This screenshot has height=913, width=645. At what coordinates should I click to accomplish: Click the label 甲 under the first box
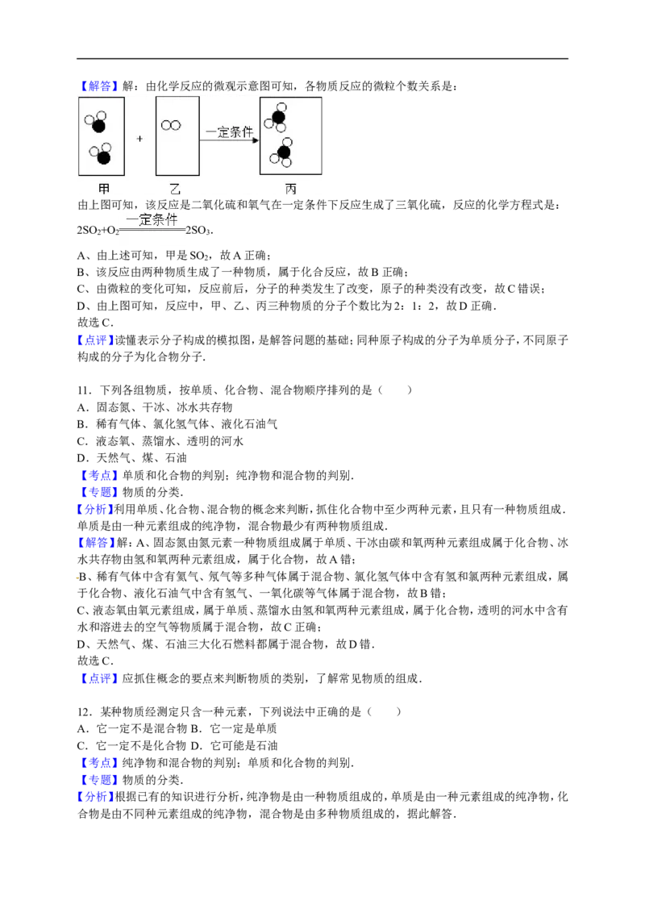pos(102,188)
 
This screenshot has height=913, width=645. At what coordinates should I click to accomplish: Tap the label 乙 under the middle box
pos(175,188)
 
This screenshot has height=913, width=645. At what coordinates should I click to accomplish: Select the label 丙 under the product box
pos(290,188)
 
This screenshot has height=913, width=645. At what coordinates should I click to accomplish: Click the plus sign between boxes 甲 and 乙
pos(139,139)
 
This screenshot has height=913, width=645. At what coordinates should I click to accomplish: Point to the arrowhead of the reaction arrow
pos(256,140)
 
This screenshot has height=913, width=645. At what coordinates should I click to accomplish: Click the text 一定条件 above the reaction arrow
pos(230,131)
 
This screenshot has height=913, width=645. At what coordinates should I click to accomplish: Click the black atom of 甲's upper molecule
pos(98,126)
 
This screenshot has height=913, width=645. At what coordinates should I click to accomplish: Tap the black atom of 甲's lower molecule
pos(103,157)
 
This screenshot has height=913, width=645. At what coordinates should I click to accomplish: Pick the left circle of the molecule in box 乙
pos(166,125)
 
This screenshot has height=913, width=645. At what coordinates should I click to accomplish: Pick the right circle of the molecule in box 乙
pos(175,125)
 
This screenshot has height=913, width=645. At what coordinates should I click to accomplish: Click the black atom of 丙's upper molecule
pos(278,118)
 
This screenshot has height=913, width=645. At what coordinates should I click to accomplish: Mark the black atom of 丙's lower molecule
pos(284,152)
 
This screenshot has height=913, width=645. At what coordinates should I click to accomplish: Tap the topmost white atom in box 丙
pos(281,107)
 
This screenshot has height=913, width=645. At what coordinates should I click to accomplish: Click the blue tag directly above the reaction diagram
pos(99,85)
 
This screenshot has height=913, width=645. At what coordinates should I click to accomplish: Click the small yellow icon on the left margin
pos(75,577)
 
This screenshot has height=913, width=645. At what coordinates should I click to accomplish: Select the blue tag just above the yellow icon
pos(97,543)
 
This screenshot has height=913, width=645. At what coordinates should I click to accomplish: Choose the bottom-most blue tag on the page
pos(97,798)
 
